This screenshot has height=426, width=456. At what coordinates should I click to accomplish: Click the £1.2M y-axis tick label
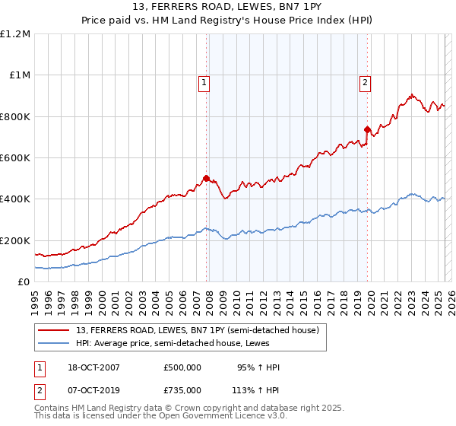point(15,34)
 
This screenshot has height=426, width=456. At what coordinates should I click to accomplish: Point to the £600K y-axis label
point(15,158)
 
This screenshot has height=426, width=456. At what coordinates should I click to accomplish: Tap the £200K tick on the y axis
point(15,240)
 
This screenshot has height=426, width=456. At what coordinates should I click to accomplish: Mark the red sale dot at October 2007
point(206,179)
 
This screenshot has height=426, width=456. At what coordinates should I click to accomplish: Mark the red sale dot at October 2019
point(367,130)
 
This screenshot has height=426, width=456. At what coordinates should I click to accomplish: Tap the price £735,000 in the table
point(182,389)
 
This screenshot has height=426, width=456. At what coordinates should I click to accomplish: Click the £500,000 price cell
point(182,367)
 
